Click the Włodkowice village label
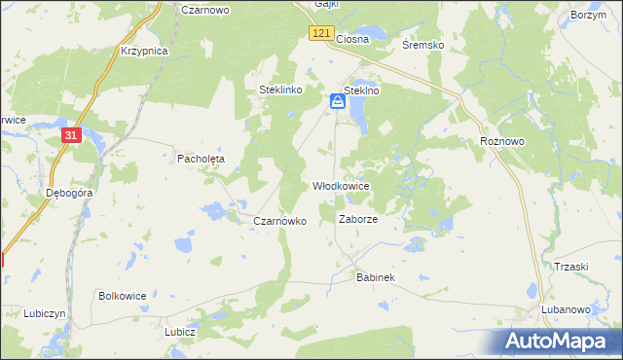(x=340, y=185)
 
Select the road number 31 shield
(x=70, y=135)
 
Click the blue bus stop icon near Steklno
(x=337, y=100)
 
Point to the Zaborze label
(x=357, y=220)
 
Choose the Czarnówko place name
(x=279, y=221)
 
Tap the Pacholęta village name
(x=201, y=158)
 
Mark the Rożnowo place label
(x=502, y=141)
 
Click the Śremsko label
(x=422, y=45)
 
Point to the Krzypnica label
(x=144, y=50)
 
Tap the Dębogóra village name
(x=69, y=193)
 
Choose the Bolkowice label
(x=122, y=294)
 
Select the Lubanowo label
(x=566, y=309)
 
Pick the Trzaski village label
(x=571, y=267)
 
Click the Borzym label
(x=588, y=17)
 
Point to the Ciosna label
(x=352, y=39)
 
